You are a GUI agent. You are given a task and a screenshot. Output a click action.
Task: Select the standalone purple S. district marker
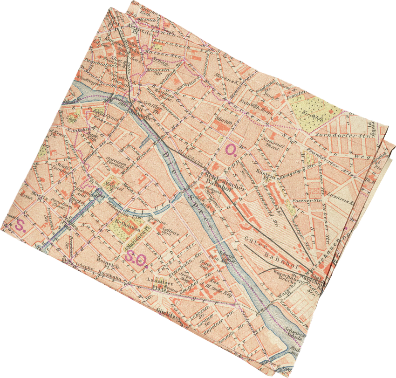click(x=20, y=226)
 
